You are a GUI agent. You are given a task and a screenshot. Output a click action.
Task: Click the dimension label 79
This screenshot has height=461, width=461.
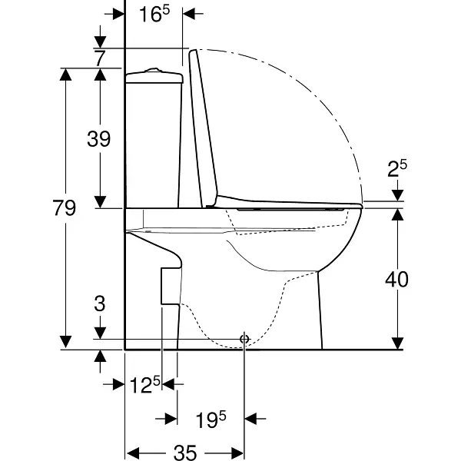point(65,207)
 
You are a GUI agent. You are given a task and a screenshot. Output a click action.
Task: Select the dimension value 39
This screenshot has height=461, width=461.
point(99,138)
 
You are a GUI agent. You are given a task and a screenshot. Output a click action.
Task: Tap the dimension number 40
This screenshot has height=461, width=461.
point(396,279)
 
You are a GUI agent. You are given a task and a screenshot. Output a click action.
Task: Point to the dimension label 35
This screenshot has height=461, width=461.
point(185,453)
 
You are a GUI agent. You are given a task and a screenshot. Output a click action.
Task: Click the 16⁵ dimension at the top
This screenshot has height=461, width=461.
point(154,14)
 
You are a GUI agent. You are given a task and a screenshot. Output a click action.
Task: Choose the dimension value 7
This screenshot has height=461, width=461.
point(100,58)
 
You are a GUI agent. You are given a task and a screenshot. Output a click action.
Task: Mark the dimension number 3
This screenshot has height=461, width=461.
point(100,303)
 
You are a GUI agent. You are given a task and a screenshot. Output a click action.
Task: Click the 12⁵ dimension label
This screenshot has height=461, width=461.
point(145,385)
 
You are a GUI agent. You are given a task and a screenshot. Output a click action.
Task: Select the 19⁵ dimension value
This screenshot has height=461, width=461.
point(211,420)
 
